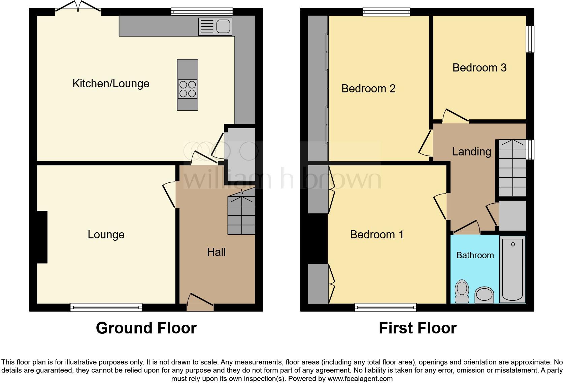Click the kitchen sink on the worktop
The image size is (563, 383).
coord(215,26)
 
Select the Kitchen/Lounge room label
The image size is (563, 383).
coord(111,84)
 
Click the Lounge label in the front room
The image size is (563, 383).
coord(106,235)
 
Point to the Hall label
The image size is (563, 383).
coord(216,252)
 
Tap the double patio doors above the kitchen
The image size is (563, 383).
coord(78,7)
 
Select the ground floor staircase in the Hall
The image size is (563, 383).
coord(241,215)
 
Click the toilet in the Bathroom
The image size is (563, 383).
coord(462,291)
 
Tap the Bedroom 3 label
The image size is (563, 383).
coord(479,68)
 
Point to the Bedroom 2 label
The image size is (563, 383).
coord(368,89)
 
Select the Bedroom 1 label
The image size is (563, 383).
coord(376,235)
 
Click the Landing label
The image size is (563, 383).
coord(471,152)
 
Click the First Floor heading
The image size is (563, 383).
coord(418,328)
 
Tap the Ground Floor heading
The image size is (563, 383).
coord(146,328)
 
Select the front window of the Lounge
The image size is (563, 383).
coord(106,307)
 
